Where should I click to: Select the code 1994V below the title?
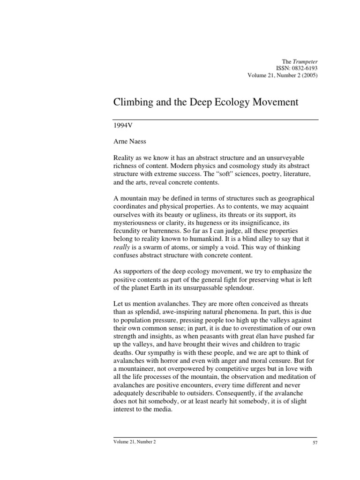tap(122, 126)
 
